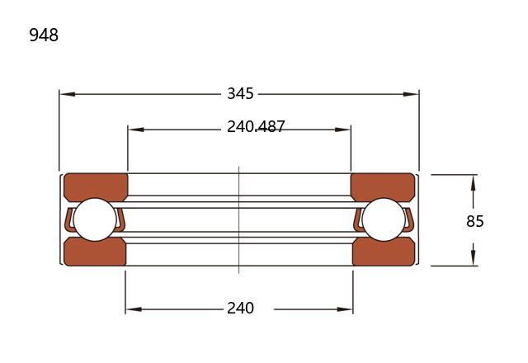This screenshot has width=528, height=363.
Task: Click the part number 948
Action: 44,35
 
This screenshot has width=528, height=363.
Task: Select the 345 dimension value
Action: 240,93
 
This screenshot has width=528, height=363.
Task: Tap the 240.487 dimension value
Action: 256,127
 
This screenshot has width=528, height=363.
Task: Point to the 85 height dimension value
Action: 475,221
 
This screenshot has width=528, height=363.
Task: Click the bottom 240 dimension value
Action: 240,308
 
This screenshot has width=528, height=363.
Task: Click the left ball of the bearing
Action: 95,219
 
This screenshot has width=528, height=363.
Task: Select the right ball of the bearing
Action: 384,219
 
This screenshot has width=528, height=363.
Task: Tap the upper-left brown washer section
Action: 96,187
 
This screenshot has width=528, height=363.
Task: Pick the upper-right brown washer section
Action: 383,187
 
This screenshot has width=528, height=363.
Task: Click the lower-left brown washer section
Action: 95,252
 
